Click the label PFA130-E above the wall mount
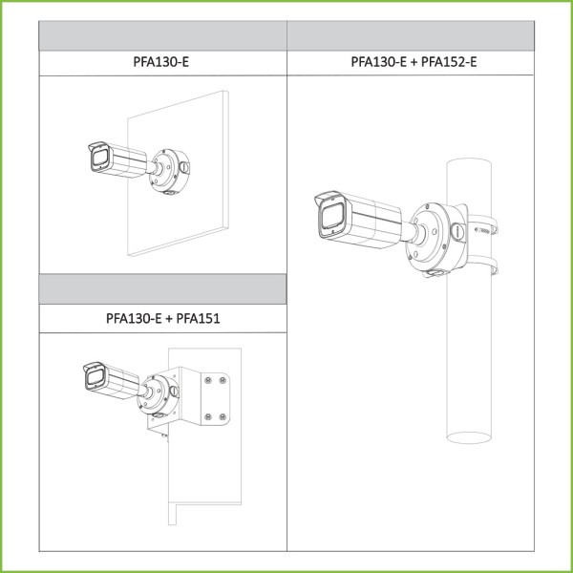pos(160,62)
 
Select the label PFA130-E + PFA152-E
pos(414,62)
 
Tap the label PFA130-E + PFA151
pos(163,318)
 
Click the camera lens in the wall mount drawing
pos(99,158)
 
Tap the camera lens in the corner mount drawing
pos(95,377)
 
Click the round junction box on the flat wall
pos(169,171)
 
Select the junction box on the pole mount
pos(436,240)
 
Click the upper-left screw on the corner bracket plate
pos(208,380)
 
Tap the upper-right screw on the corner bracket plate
pos(223,380)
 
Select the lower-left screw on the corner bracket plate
pos(208,416)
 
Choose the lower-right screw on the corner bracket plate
pos(223,416)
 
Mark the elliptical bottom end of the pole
pos(469,437)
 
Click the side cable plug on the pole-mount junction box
pos(457,232)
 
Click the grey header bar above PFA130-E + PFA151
pos(163,289)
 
